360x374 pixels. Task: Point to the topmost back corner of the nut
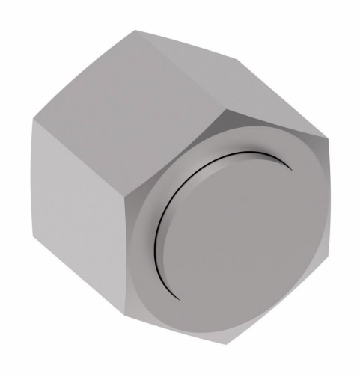137,31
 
